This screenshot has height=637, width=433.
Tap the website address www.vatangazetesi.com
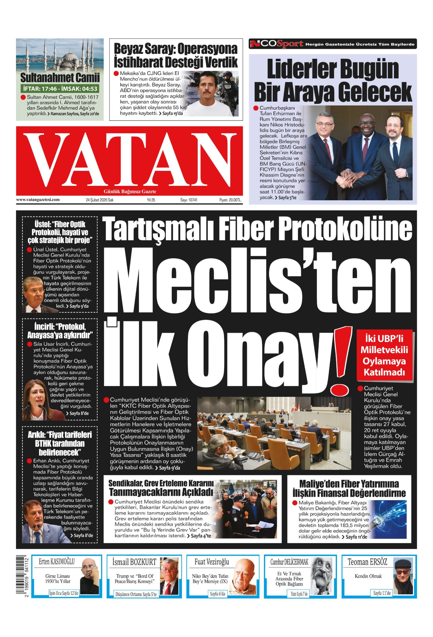pyautogui.click(x=38, y=200)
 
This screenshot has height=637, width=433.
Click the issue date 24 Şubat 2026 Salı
pyautogui.click(x=99, y=200)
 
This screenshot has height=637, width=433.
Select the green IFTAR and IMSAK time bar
pyautogui.click(x=60, y=89)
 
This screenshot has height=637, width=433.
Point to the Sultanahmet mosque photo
pyautogui.click(x=60, y=56)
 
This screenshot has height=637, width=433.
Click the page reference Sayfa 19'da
pyautogui.click(x=172, y=113)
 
